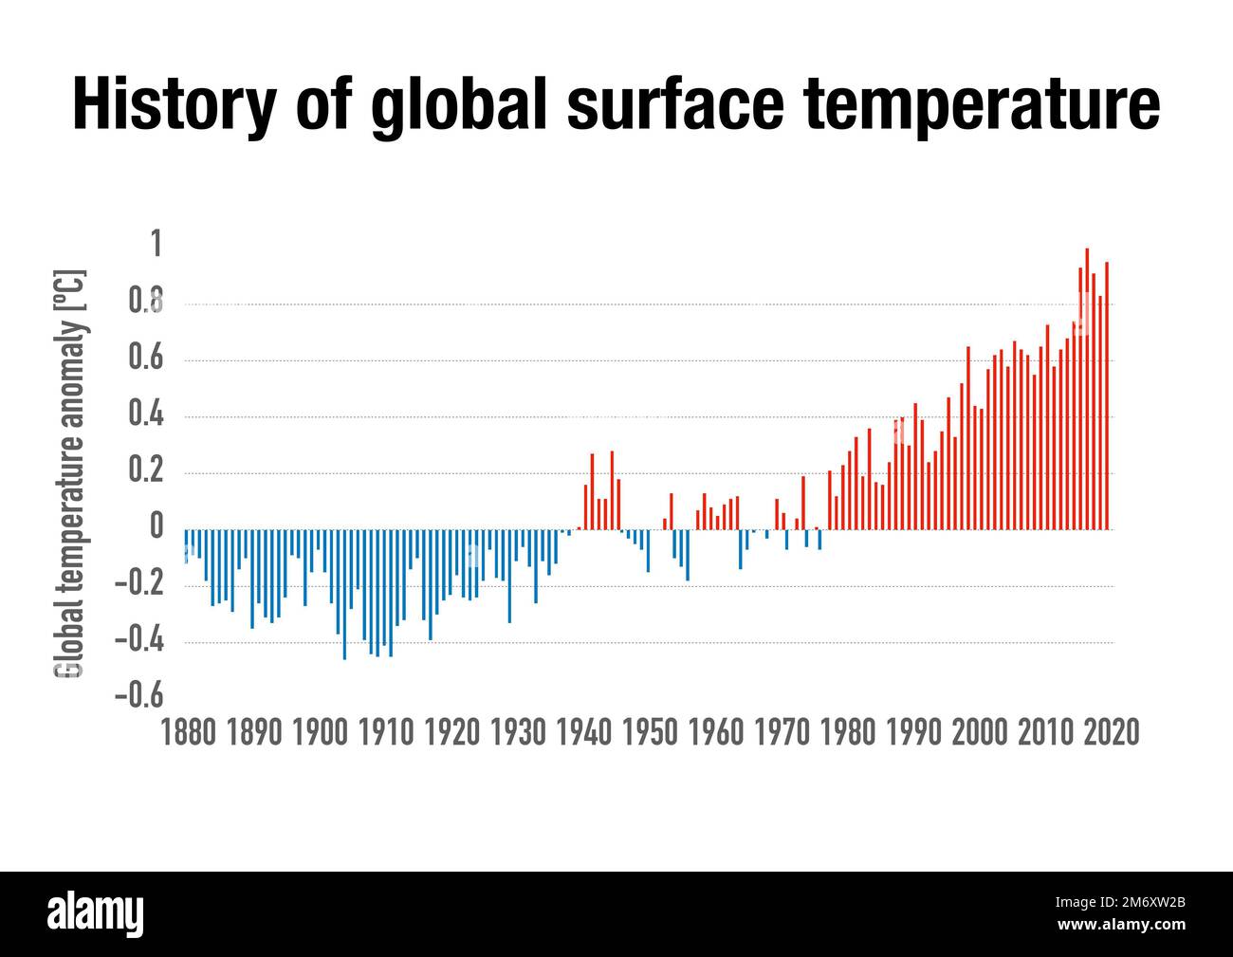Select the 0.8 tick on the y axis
point(145,304)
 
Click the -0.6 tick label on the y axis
point(139,696)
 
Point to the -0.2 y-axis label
point(139,584)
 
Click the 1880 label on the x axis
point(190,732)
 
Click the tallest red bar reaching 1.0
point(1086,389)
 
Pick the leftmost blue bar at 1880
point(186,546)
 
